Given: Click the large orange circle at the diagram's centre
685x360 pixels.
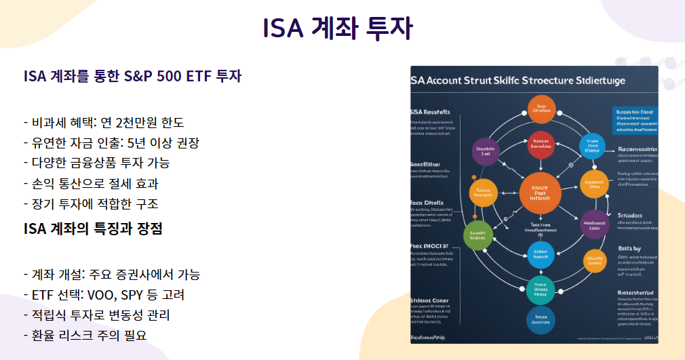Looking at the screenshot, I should (541, 194).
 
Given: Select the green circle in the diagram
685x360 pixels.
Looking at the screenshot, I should (478, 234).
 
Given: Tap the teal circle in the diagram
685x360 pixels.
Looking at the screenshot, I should (541, 289).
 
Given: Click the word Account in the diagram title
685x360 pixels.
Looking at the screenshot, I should (452, 80).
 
